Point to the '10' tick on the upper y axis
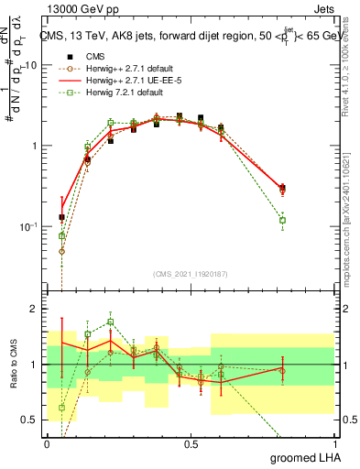[31, 66]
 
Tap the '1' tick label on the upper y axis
[34, 147]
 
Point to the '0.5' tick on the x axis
[191, 444]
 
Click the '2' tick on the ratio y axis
[34, 309]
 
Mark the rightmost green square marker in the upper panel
[282, 220]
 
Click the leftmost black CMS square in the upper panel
[61, 217]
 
